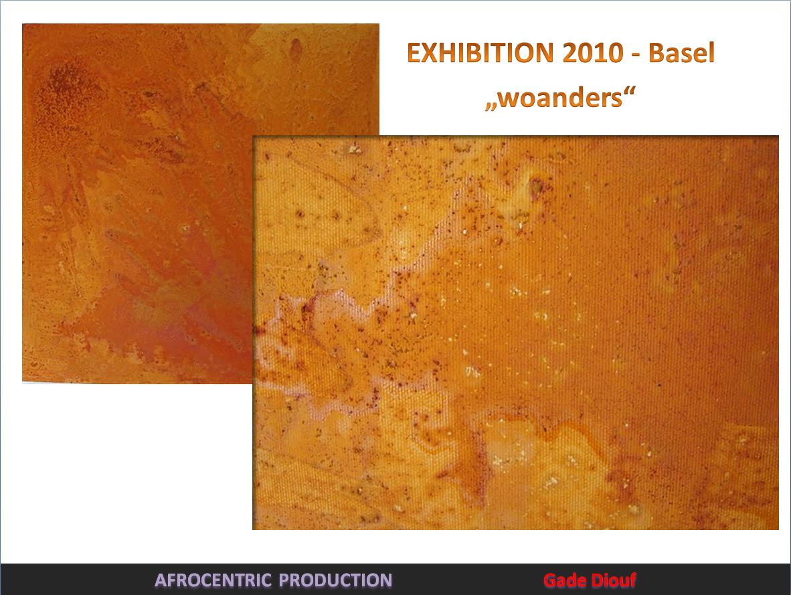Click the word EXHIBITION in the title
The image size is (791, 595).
coord(480,52)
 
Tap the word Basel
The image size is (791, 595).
coord(681,52)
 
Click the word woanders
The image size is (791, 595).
coord(560,97)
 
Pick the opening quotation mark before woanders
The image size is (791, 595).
coord(491,106)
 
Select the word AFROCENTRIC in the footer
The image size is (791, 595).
coord(213,580)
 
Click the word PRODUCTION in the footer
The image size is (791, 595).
coord(335,580)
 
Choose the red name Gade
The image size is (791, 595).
coord(565,580)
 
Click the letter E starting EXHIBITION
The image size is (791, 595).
coord(414,52)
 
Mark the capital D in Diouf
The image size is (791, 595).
coord(597,580)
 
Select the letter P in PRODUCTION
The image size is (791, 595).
coord(285,580)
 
